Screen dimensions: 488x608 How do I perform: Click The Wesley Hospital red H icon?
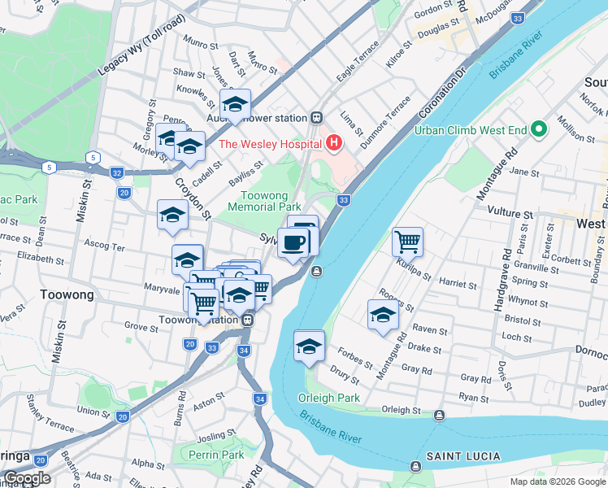pyautogui.click(x=333, y=144)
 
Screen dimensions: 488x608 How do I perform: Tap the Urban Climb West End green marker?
pyautogui.click(x=537, y=129)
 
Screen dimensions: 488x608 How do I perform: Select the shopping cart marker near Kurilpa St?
pyautogui.click(x=407, y=242)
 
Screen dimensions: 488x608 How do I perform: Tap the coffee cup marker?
pyautogui.click(x=293, y=242)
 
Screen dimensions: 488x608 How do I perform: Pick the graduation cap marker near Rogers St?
pyautogui.click(x=383, y=315)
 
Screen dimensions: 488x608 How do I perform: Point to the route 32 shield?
pyautogui.click(x=117, y=172)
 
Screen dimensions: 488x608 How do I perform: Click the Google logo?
pyautogui.click(x=26, y=478)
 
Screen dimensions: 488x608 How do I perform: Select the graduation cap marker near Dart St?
pyautogui.click(x=235, y=104)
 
